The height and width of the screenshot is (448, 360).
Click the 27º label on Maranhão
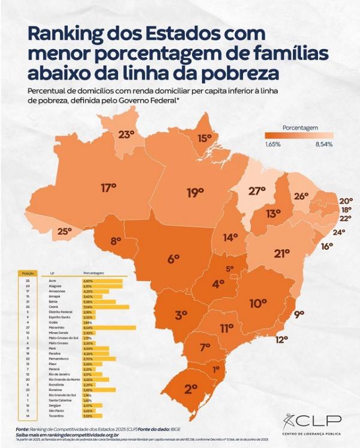point(257,191)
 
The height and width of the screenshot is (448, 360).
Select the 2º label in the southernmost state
point(191,389)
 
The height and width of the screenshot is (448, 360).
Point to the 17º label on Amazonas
point(108,188)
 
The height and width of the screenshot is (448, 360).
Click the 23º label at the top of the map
point(125,135)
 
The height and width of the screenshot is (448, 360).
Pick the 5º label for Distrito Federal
point(230,269)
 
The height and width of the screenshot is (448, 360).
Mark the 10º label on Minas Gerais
point(258,303)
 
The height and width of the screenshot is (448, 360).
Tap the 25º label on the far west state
point(64,231)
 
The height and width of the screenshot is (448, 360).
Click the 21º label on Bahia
point(282,253)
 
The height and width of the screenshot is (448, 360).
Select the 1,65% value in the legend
point(273,144)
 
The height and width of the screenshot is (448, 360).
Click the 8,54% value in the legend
point(323,144)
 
